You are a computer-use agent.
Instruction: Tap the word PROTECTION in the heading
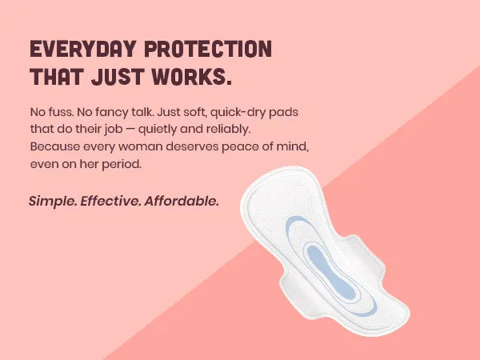[x=207, y=50]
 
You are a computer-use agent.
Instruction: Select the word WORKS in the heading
[x=191, y=78]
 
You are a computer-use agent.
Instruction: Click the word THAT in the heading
[x=58, y=78]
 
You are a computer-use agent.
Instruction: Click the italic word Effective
[x=113, y=200]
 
